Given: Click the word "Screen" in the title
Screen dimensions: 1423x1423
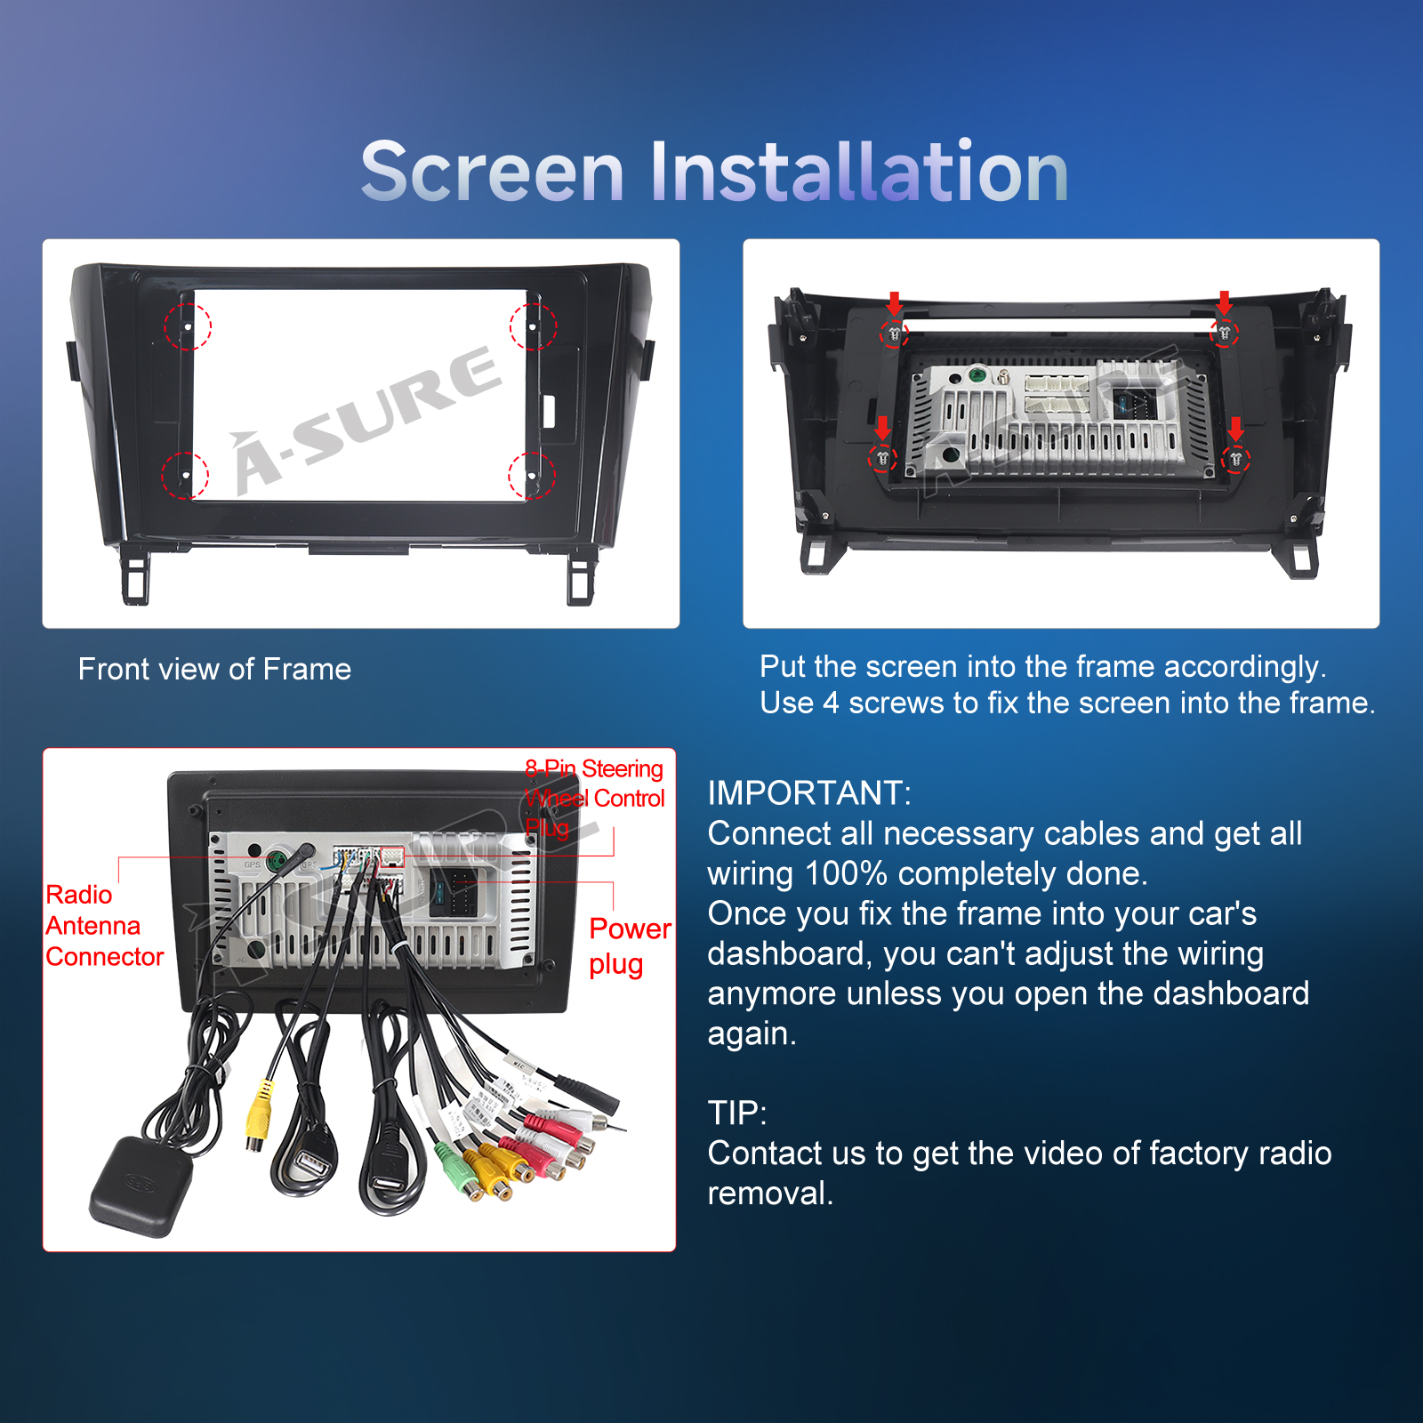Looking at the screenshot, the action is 493,172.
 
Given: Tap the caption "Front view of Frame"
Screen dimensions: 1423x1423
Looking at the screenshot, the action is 214,669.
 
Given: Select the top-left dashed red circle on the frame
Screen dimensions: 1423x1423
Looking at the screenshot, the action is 188,326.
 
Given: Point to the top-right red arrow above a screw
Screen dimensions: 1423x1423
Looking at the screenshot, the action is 1225,303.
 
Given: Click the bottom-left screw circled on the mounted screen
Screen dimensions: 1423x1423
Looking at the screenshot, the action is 881,459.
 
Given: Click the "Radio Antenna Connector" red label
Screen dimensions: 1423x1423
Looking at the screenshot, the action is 105,926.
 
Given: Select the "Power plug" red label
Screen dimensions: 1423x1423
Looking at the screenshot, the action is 630,946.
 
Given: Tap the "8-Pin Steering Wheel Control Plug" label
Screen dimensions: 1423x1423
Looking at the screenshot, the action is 594,798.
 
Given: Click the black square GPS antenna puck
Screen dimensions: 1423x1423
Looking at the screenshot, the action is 141,1186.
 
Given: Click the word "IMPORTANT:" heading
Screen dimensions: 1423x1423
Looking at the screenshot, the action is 809,792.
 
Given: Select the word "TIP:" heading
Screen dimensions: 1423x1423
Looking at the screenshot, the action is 737,1113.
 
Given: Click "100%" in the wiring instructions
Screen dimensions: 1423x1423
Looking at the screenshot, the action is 845,873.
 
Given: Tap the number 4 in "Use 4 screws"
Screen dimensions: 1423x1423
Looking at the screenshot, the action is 831,703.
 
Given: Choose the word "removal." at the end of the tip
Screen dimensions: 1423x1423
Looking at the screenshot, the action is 770,1194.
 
